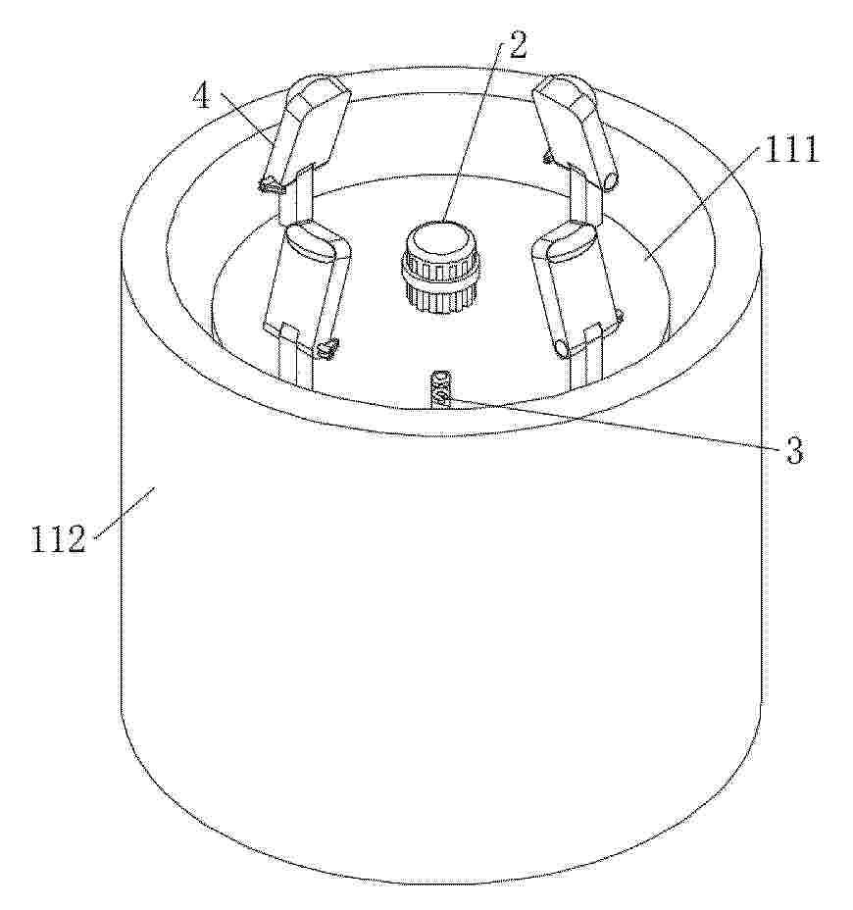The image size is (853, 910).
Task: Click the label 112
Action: click(x=58, y=538)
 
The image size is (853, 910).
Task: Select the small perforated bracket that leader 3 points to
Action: click(x=438, y=389)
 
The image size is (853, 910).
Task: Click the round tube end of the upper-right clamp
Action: click(x=611, y=179)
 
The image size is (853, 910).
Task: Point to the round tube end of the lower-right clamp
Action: click(x=563, y=349)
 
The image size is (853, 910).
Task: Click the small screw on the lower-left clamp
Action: click(x=326, y=349)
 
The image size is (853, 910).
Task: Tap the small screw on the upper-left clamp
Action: click(x=268, y=185)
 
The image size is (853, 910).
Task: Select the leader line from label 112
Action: click(x=125, y=513)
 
